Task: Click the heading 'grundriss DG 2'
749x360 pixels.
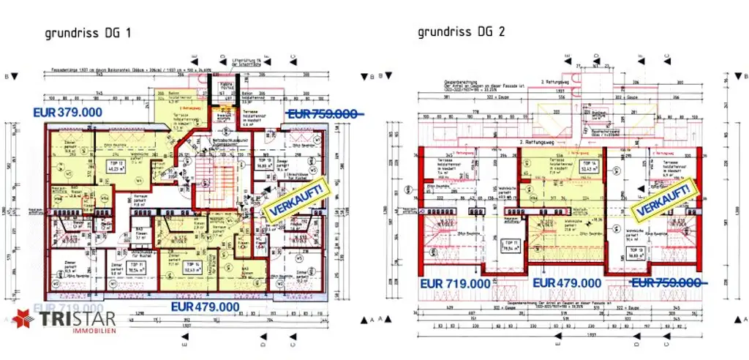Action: point(462,31)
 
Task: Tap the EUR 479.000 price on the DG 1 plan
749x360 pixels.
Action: point(206,307)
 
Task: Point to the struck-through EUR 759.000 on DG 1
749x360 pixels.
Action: point(323,114)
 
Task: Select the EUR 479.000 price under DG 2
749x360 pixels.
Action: point(567,282)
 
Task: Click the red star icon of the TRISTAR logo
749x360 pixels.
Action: point(22,320)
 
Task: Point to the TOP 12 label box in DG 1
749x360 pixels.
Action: point(94,165)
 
